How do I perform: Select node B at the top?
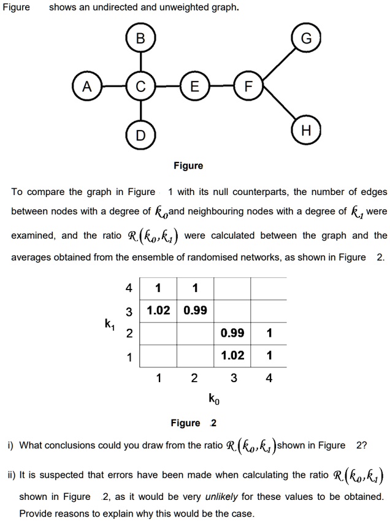pos(141,40)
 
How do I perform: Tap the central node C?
pos(141,87)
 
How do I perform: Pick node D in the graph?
pos(141,135)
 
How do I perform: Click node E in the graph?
pos(194,87)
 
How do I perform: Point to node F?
pos(248,87)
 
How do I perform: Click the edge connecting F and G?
pos(277,63)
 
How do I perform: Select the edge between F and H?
pos(277,110)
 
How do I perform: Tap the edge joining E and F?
pos(221,87)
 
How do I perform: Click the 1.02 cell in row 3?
pos(159,310)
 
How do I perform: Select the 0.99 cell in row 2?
pos(232,333)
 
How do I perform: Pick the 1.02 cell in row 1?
pos(232,355)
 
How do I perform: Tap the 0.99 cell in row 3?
pos(195,310)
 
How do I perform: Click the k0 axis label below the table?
pos(212,401)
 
